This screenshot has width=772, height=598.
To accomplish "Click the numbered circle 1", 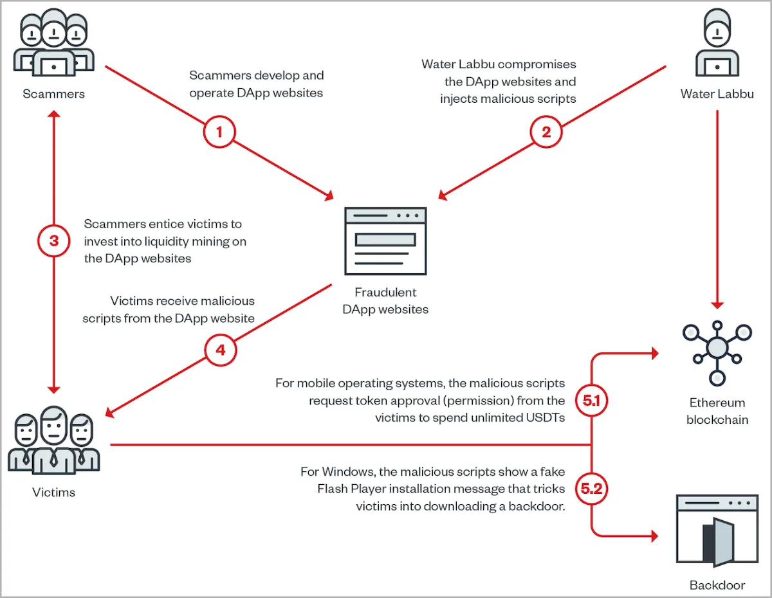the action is (x=219, y=132).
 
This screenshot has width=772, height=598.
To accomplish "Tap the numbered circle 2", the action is (x=546, y=132).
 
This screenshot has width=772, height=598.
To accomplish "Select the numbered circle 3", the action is (x=53, y=240).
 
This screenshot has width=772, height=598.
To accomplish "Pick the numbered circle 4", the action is (x=220, y=350).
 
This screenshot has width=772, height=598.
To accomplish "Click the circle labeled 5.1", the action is (x=591, y=401).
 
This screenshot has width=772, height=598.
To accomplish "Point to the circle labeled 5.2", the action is (x=591, y=489).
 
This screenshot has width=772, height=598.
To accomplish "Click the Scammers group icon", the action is (x=53, y=42).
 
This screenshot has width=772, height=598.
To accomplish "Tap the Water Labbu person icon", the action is (x=717, y=42).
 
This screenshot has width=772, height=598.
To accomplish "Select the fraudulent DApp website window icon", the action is (x=385, y=241).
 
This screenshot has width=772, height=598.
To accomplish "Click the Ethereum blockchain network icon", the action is (x=717, y=353).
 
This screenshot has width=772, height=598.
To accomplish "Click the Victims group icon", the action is (x=53, y=440).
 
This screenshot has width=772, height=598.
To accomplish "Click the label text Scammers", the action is (x=53, y=94).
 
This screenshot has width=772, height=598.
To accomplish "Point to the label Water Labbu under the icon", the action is (x=717, y=94).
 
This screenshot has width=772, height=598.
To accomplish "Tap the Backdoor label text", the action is (x=717, y=585).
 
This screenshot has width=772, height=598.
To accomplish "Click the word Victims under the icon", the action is (x=53, y=492).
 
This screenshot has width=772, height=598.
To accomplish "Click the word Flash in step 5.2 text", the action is (x=332, y=489).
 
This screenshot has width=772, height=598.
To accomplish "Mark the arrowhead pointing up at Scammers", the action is (x=53, y=114).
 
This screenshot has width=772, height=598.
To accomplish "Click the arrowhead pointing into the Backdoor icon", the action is (x=654, y=536).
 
